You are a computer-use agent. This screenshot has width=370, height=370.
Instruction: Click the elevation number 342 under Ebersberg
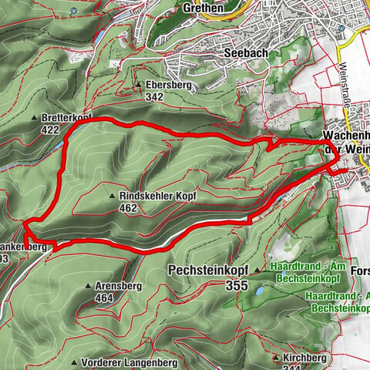[154, 97]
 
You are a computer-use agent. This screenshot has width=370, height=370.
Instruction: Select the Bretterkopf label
[67, 117]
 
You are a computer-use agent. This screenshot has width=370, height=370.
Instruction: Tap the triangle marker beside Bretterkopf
[35, 117]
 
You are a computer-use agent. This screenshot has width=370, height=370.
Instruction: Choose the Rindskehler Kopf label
[158, 197]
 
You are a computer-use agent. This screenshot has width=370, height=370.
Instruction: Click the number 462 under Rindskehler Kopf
[129, 208]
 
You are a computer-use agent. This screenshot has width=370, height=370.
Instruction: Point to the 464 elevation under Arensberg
[105, 298]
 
